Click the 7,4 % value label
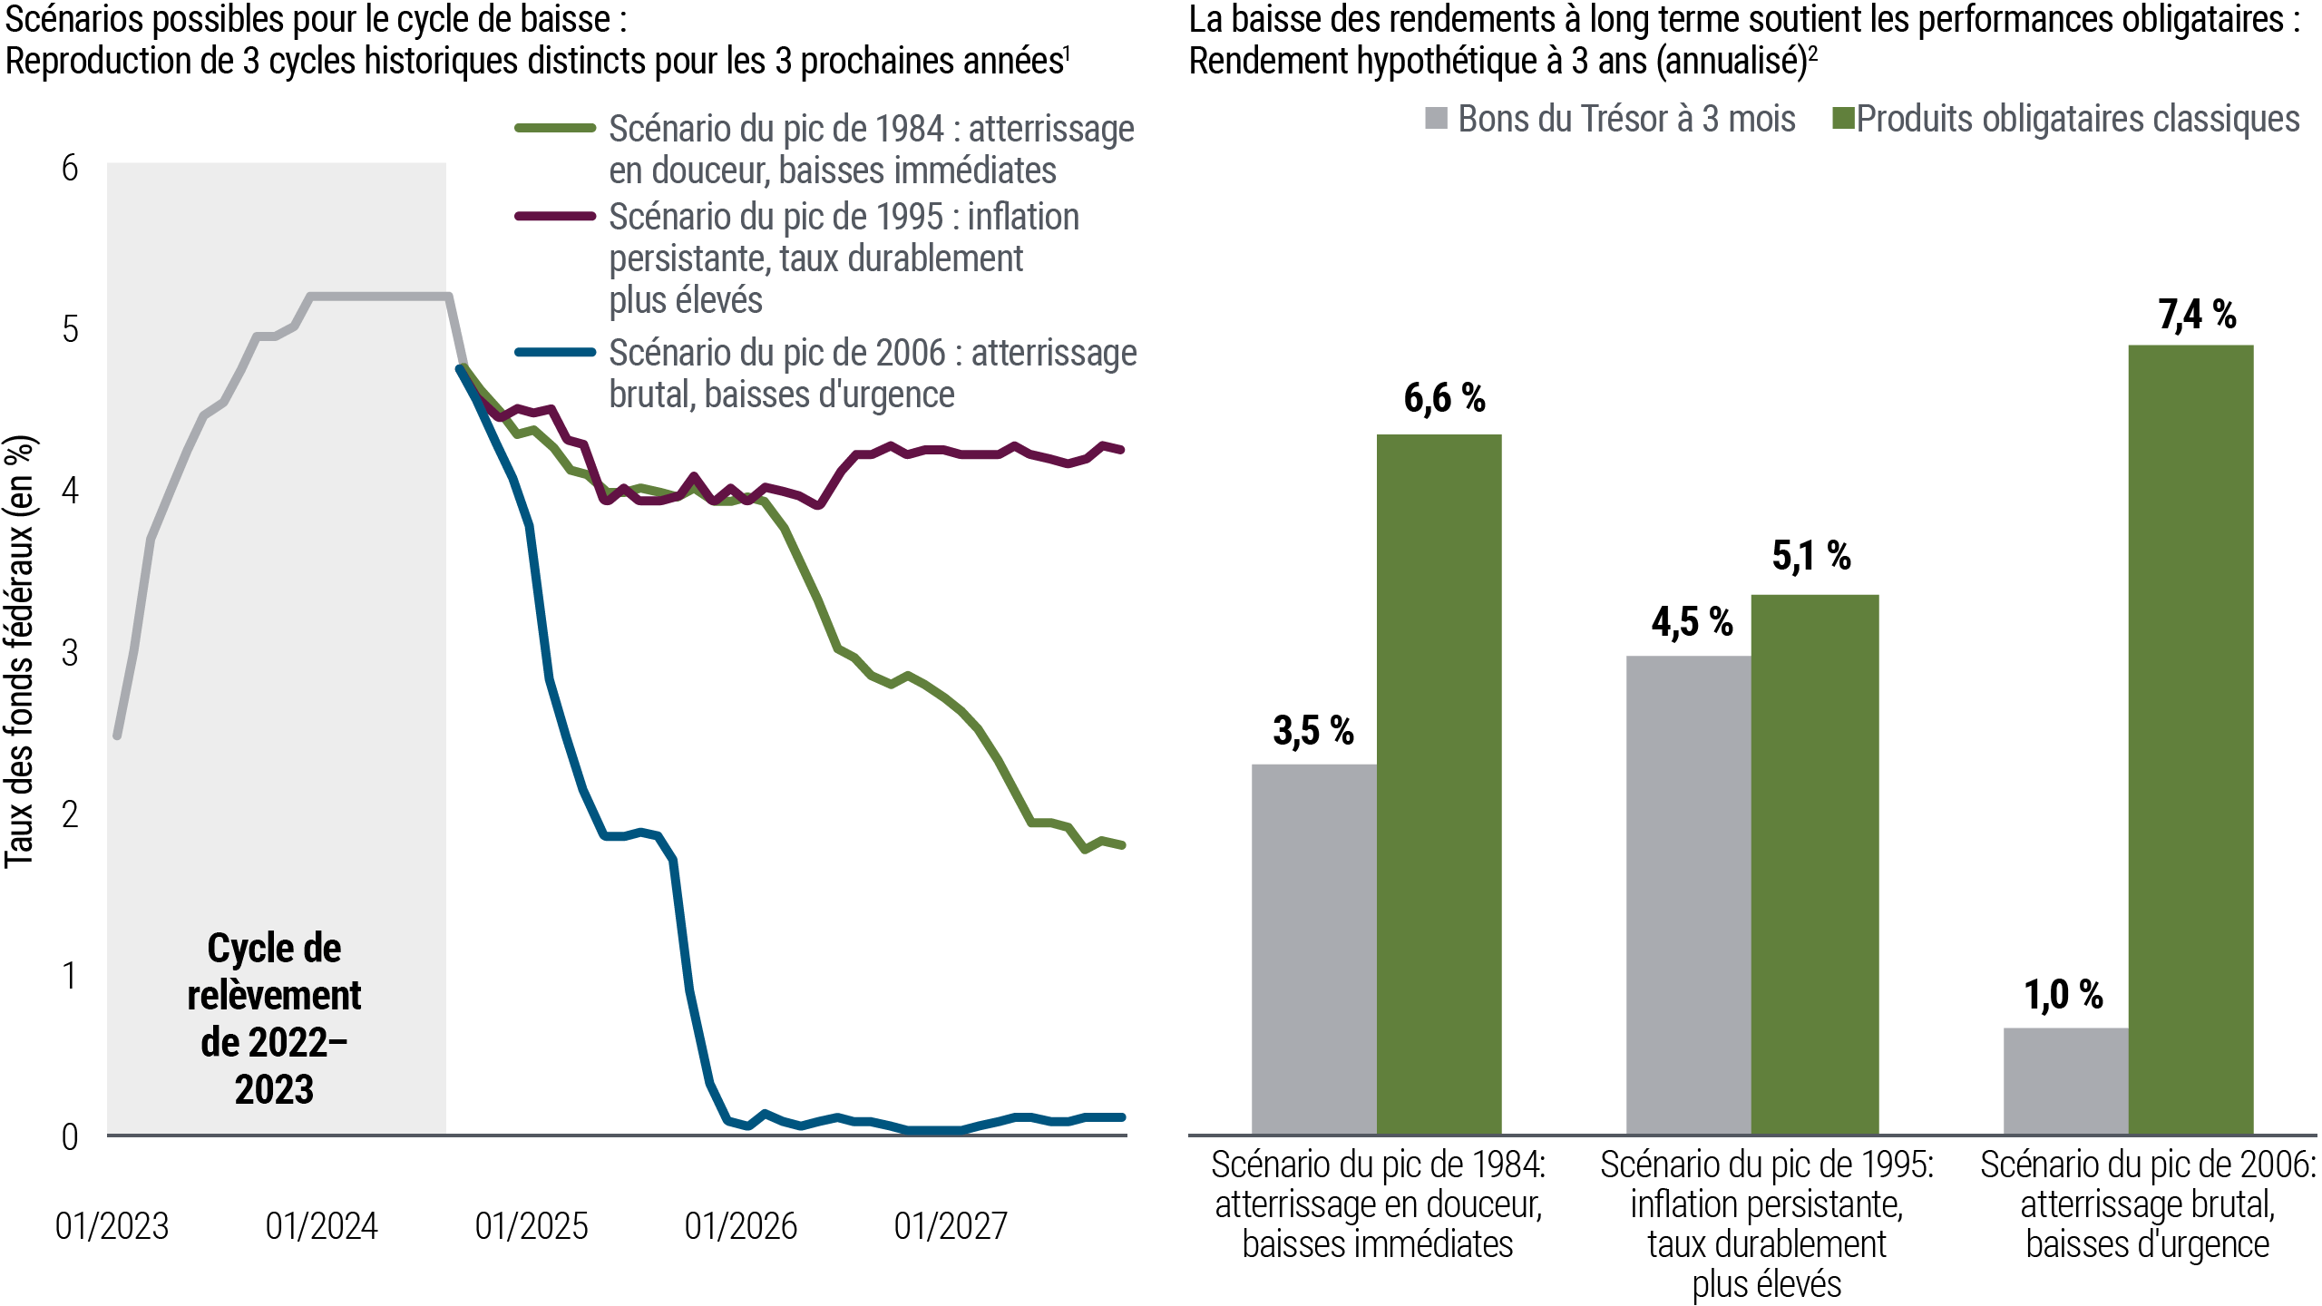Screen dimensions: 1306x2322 point(2197,316)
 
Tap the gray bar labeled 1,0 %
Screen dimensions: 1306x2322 point(2065,1079)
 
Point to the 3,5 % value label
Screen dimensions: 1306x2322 point(1312,731)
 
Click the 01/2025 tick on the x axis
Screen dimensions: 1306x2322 point(532,1227)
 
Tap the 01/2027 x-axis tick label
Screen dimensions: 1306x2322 point(951,1227)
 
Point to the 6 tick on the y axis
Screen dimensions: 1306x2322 point(70,168)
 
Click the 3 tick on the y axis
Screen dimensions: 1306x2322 point(70,652)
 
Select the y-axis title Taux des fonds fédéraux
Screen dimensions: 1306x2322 point(20,653)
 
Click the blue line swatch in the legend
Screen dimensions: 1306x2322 point(555,353)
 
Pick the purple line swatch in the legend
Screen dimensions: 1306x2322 point(555,217)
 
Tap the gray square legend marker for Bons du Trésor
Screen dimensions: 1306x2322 point(1436,119)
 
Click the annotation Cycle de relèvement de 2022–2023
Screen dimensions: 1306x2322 point(274,1018)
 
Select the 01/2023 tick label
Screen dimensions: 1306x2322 point(112,1227)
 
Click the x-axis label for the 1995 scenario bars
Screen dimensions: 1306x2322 point(1767,1223)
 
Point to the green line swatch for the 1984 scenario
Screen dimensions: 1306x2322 point(555,129)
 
